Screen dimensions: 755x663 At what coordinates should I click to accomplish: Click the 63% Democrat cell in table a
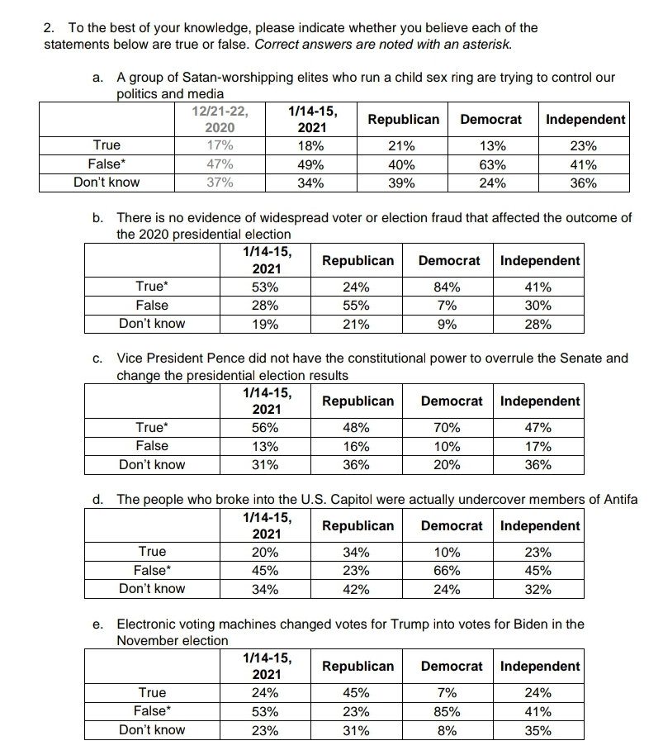click(x=492, y=164)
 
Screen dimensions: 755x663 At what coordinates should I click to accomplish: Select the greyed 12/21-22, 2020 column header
click(x=219, y=119)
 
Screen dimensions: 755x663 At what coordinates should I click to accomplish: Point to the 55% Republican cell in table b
click(x=356, y=306)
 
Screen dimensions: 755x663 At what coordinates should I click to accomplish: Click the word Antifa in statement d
click(x=618, y=499)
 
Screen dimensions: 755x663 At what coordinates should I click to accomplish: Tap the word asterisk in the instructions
click(x=486, y=43)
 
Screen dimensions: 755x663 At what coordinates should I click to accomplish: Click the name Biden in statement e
click(x=518, y=624)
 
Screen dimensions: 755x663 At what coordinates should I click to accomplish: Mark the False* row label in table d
click(x=152, y=570)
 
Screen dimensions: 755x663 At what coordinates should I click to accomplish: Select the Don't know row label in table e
click(x=152, y=729)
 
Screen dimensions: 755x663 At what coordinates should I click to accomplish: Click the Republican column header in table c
click(x=358, y=401)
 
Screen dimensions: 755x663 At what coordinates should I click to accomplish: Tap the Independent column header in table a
click(x=585, y=119)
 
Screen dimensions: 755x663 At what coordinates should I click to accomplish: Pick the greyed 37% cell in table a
click(x=219, y=183)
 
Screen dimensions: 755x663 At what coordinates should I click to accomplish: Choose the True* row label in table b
click(x=152, y=287)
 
